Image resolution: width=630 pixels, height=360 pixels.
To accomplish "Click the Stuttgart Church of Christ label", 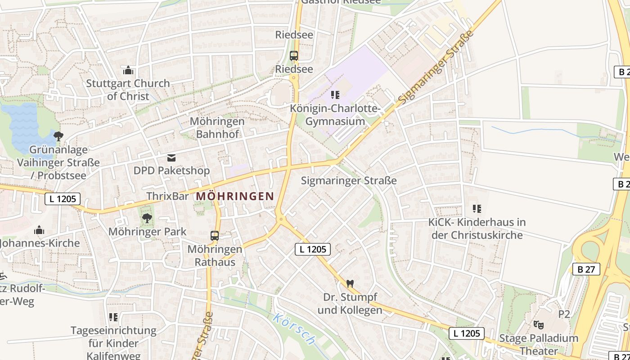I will (x=128, y=90).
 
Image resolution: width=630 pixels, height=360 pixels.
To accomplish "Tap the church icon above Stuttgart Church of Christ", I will (x=128, y=71).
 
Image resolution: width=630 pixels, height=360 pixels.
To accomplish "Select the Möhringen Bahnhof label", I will (x=217, y=127).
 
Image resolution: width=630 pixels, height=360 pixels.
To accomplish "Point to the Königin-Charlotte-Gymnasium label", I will (x=335, y=115).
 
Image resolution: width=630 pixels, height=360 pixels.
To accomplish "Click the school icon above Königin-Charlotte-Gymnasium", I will (x=335, y=95).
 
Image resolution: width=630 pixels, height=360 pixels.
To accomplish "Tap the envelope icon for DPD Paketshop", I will (x=171, y=158).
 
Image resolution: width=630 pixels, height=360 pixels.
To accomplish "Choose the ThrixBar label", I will (x=168, y=196).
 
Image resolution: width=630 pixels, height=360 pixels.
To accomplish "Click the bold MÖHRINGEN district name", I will (x=235, y=196).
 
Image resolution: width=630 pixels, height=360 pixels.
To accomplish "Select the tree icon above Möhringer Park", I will (x=147, y=219).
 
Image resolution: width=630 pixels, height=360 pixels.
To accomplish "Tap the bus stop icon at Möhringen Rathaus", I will (x=215, y=236).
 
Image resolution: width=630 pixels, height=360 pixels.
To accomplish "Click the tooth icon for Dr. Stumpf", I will (x=350, y=284).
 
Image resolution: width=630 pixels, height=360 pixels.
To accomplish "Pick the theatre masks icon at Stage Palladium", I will (x=538, y=324).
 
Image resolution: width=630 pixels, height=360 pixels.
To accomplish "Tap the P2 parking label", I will (x=564, y=314).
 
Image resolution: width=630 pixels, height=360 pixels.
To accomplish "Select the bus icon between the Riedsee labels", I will (x=294, y=56).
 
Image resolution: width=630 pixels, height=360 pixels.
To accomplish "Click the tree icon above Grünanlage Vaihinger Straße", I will (x=58, y=136).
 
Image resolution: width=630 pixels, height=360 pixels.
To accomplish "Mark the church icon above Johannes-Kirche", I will (x=39, y=230).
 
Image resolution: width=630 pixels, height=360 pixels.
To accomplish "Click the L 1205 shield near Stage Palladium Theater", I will (x=467, y=333).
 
